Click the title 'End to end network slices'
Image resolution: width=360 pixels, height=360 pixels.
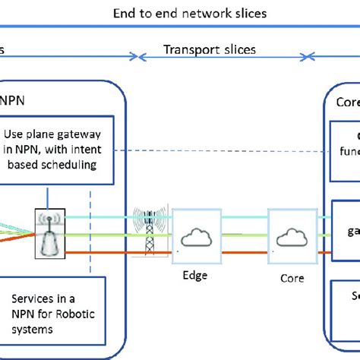tap(189, 14)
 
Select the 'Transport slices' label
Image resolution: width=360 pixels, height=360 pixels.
tap(210, 50)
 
